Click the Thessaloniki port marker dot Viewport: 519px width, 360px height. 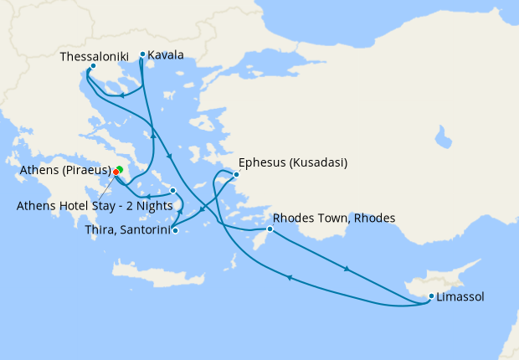pyautogui.click(x=93, y=66)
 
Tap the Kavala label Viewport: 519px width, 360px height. pyautogui.click(x=166, y=56)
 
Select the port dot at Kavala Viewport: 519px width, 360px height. pyautogui.click(x=142, y=54)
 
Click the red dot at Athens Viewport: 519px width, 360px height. pyautogui.click(x=116, y=172)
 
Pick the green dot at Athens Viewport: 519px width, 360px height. pyautogui.click(x=120, y=170)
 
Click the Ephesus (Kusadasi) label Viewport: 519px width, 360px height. pyautogui.click(x=292, y=162)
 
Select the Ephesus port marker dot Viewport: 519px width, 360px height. pyautogui.click(x=237, y=174)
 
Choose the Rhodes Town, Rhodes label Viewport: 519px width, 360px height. pyautogui.click(x=334, y=219)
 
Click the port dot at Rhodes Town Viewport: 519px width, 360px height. pyautogui.click(x=270, y=229)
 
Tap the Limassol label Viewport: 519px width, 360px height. pyautogui.click(x=460, y=296)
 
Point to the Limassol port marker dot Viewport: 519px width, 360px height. pyautogui.click(x=431, y=296)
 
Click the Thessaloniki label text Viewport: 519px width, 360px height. pyautogui.click(x=94, y=56)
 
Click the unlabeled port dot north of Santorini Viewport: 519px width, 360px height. pyautogui.click(x=173, y=190)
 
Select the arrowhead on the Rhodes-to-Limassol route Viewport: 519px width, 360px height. pyautogui.click(x=346, y=270)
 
